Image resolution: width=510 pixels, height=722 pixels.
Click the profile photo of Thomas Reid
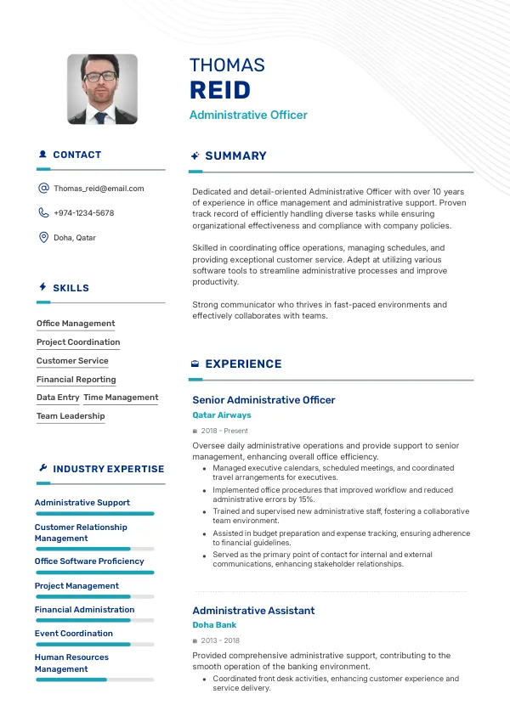[102, 89]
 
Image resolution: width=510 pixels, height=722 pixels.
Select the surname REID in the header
[220, 90]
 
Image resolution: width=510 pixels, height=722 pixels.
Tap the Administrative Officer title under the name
[248, 115]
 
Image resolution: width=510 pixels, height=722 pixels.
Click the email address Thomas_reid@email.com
[99, 189]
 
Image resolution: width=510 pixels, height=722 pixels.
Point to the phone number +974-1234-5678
[83, 213]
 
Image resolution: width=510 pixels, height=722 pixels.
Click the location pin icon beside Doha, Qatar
[43, 238]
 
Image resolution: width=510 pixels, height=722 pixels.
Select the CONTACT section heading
[76, 155]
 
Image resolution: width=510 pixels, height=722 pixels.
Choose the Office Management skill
[76, 324]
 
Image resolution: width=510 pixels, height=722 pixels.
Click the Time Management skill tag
[121, 398]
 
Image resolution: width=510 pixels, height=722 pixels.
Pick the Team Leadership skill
[71, 416]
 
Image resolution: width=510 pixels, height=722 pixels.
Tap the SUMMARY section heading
[235, 156]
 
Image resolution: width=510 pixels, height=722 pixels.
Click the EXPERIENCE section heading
[243, 364]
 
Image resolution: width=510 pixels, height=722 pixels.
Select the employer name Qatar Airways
[222, 415]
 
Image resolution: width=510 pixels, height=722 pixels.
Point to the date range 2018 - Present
[224, 432]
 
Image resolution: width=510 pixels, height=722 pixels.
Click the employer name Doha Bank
[214, 625]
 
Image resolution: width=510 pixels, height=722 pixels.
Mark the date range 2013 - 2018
[220, 641]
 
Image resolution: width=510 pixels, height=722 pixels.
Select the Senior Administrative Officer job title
[263, 400]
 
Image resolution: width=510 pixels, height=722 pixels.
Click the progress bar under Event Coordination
[94, 645]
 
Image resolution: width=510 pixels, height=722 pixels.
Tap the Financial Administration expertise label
[85, 610]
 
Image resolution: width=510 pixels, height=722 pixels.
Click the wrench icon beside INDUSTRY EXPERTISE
[43, 468]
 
